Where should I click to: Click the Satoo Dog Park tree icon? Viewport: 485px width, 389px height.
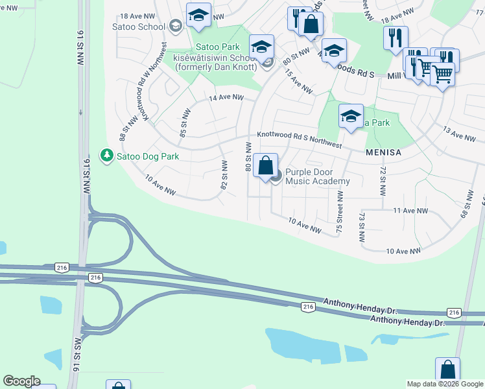click(106, 156)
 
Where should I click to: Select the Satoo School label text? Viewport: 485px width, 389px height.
click(139, 25)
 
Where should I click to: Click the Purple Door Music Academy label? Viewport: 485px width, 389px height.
click(318, 176)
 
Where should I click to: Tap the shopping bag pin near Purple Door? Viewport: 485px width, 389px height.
click(266, 166)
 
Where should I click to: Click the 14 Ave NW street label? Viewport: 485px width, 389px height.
click(226, 98)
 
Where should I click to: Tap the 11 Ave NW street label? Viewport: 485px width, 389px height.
click(410, 211)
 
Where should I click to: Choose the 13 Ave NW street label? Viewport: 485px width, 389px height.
click(459, 136)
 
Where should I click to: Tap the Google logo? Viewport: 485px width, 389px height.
click(21, 381)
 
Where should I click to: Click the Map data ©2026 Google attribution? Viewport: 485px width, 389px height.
click(445, 384)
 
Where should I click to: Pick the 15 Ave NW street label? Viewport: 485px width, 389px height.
click(299, 80)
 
